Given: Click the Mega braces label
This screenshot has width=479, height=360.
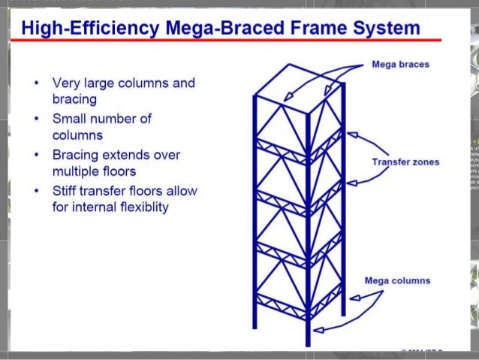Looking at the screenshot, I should click(400, 65).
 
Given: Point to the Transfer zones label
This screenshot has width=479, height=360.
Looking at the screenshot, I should click(405, 162).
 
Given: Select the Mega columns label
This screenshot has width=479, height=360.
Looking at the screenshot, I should click(397, 280).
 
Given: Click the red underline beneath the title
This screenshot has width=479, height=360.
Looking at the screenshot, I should click(225, 41).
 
